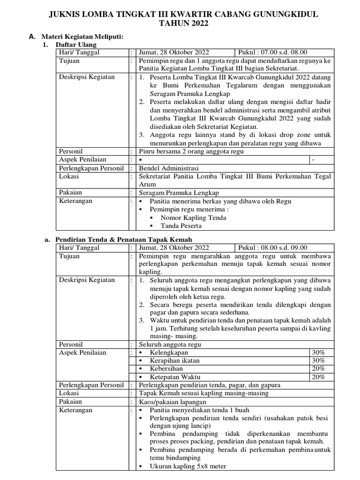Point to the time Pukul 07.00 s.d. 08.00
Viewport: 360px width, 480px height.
pyautogui.click(x=273, y=52)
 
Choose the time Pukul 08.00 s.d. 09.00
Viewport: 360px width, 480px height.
pyautogui.click(x=273, y=247)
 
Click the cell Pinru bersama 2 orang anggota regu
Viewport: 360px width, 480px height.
pyautogui.click(x=191, y=151)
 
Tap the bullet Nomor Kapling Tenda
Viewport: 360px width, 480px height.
pyautogui.click(x=193, y=217)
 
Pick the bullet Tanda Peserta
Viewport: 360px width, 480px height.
pyautogui.click(x=181, y=225)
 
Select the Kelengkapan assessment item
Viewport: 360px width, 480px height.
pyautogui.click(x=169, y=352)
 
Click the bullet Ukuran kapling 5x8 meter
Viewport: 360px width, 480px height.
pyautogui.click(x=187, y=466)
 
